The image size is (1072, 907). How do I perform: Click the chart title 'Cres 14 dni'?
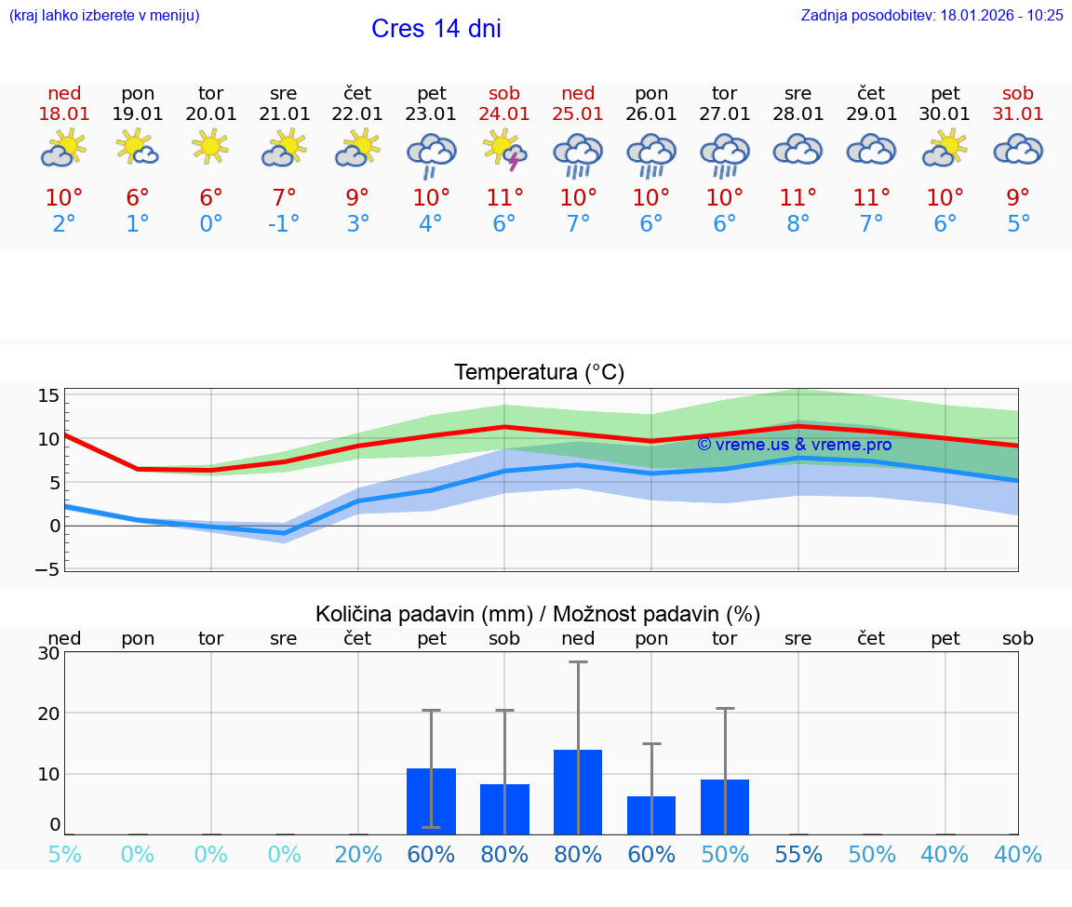tap(435, 29)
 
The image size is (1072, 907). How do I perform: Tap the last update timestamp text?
tap(931, 15)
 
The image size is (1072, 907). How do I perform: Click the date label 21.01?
tap(284, 113)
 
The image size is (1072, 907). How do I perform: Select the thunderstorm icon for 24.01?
tap(504, 150)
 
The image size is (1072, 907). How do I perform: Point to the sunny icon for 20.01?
tap(210, 146)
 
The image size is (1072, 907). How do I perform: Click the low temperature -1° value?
tap(284, 223)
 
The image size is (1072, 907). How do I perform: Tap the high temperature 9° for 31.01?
tap(1018, 197)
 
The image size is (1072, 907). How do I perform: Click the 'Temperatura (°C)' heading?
tap(539, 373)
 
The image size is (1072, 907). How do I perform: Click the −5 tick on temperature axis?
tap(47, 569)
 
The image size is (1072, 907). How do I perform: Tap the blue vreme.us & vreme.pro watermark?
tap(794, 445)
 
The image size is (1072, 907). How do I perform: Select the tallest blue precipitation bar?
tap(578, 792)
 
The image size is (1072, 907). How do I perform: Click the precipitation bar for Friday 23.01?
tap(431, 801)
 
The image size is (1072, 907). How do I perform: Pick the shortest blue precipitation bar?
tap(651, 815)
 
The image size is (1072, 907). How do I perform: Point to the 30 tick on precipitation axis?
tap(49, 653)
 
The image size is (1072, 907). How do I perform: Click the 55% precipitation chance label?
tap(798, 855)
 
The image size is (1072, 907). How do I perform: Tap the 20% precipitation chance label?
tap(358, 855)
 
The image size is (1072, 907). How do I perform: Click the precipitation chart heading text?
tap(538, 614)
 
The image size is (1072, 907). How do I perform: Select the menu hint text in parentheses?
tap(104, 15)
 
